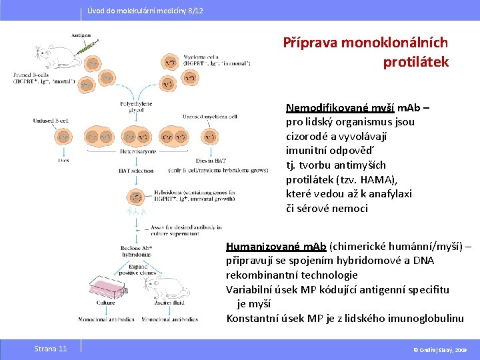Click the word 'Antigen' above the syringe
(x=81, y=35)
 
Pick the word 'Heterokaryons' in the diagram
(x=138, y=151)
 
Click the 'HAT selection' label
(x=136, y=171)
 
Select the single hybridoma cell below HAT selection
(x=135, y=197)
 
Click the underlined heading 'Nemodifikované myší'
(x=340, y=108)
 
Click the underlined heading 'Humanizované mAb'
(x=276, y=246)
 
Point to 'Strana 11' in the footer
(x=51, y=349)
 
